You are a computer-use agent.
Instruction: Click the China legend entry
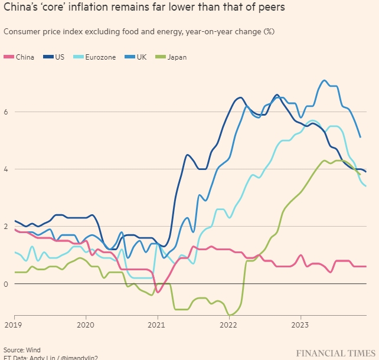tap(22, 57)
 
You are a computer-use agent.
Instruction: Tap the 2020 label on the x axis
tap(86, 325)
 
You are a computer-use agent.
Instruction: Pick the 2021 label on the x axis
tap(157, 325)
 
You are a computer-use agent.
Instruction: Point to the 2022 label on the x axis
tap(229, 325)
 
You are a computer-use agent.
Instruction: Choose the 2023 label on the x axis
tap(300, 325)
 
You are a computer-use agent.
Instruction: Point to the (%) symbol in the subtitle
tap(268, 31)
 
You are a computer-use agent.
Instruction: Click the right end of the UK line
tap(360, 137)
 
